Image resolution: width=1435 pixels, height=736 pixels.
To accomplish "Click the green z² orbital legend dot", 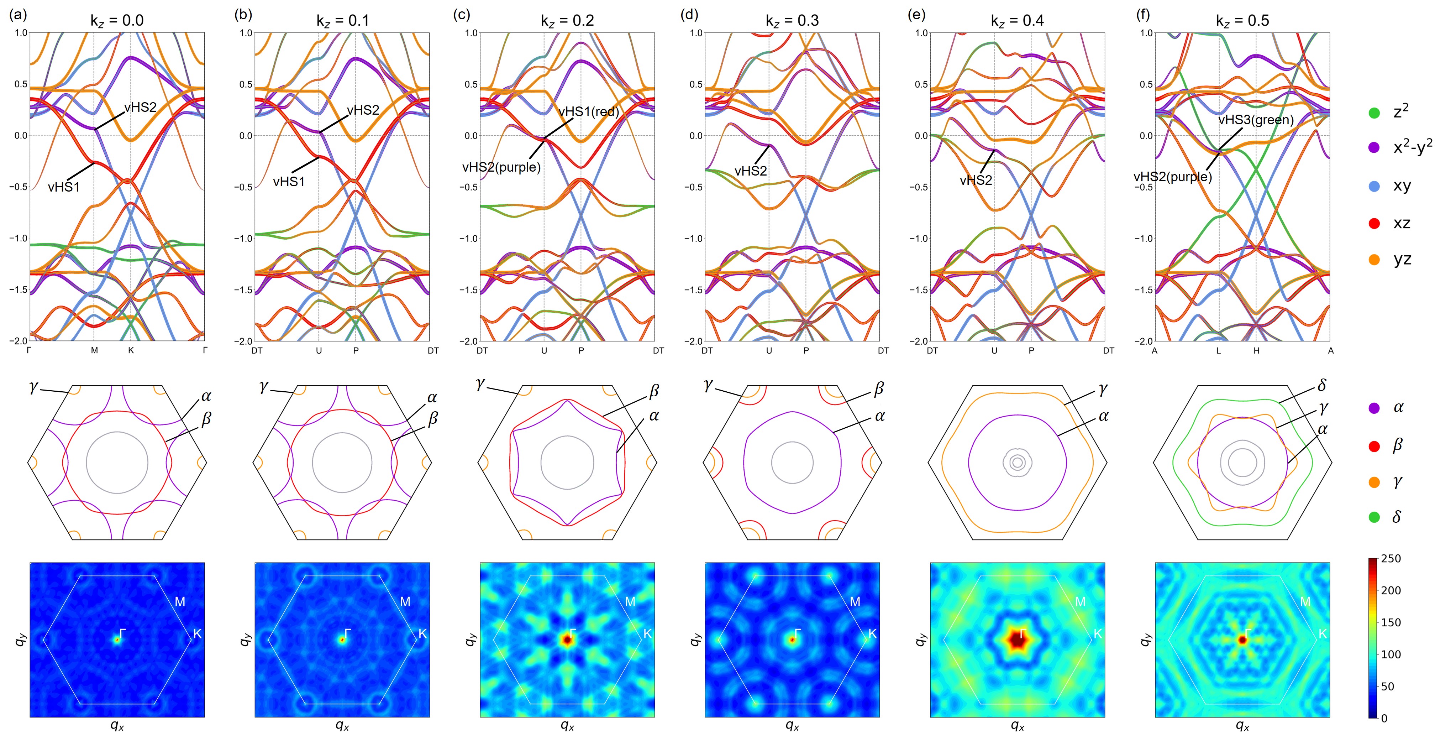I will click(1374, 113).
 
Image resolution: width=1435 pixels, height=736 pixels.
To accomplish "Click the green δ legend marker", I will click(1374, 517).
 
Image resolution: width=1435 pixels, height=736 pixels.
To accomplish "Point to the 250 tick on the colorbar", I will click(1391, 559).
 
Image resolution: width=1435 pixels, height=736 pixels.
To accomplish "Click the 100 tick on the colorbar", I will click(1391, 654).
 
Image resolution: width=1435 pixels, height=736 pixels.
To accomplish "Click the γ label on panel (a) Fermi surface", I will click(33, 386).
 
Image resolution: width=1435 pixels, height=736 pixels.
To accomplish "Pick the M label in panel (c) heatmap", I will click(630, 602).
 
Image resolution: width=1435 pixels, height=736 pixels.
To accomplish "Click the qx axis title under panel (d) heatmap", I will click(792, 725).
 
